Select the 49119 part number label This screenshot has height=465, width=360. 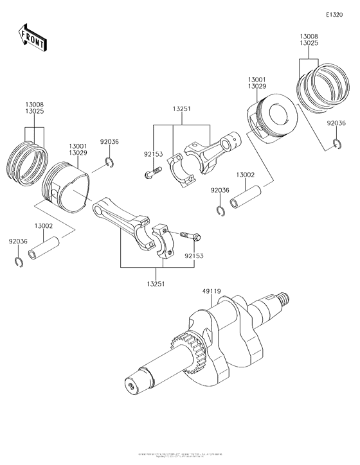(212, 292)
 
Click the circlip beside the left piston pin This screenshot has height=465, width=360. (17, 261)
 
